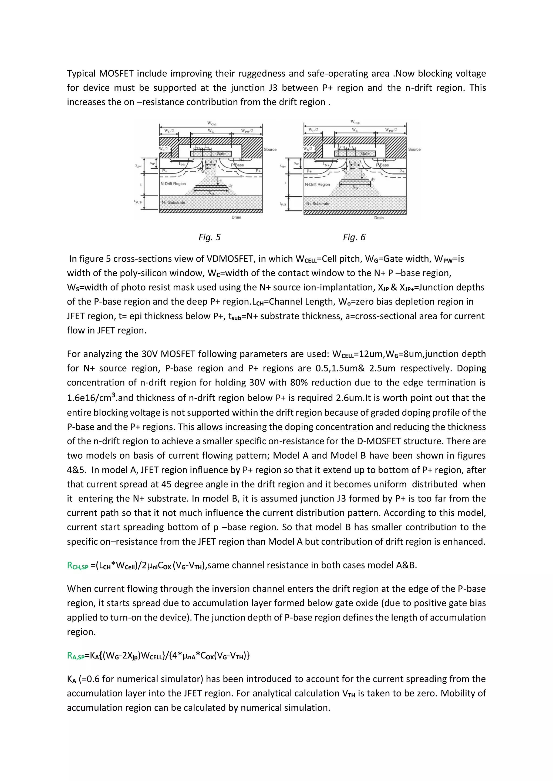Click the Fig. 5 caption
pyautogui.click(x=210, y=237)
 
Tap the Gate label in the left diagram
pyautogui.click(x=221, y=154)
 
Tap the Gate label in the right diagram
pyautogui.click(x=365, y=154)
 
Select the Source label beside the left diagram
pyautogui.click(x=270, y=149)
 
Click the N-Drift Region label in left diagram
pyautogui.click(x=173, y=184)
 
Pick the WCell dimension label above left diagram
pyautogui.click(x=211, y=124)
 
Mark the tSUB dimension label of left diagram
pyautogui.click(x=138, y=202)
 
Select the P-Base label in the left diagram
pyautogui.click(x=238, y=165)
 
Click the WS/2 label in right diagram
pyautogui.click(x=307, y=149)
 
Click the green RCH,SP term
pyautogui.click(x=78, y=566)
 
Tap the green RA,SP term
pyautogui.click(x=76, y=656)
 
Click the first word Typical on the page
pyautogui.click(x=81, y=73)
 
